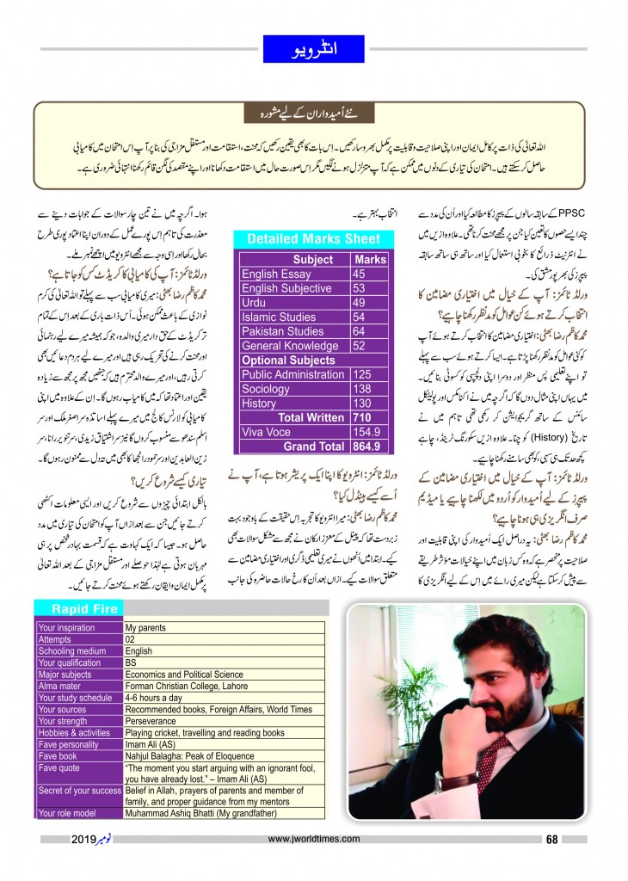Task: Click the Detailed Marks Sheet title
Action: (313, 239)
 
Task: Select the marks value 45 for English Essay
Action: (360, 274)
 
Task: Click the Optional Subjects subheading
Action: (288, 360)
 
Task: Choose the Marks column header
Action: (370, 259)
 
